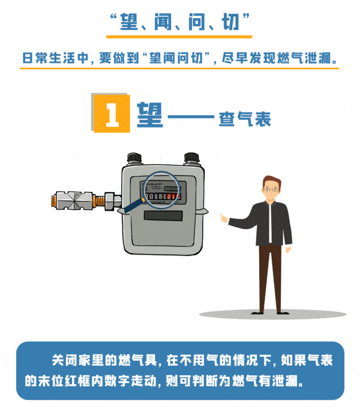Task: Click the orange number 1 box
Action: point(112,114)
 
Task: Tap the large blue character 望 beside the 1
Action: point(150,113)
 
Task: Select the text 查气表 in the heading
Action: point(245,119)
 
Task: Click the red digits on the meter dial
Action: point(174,195)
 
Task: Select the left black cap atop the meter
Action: point(134,158)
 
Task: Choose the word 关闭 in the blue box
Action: point(63,360)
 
